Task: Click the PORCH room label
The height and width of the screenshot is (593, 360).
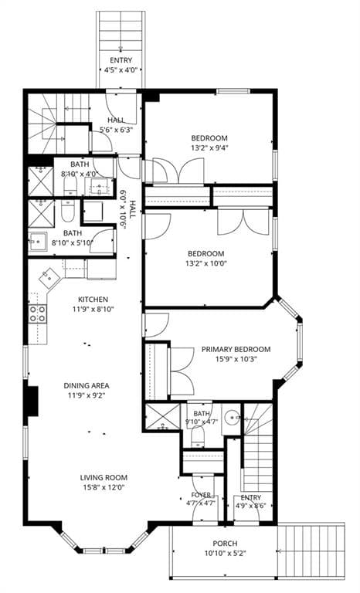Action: coord(225,544)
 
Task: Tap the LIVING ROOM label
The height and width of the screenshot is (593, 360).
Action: coord(104,478)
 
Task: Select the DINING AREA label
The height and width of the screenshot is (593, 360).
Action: coord(87,386)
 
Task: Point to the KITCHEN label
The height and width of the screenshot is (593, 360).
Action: coord(93,299)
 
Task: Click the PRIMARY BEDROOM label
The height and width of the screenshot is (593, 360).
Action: coord(236,350)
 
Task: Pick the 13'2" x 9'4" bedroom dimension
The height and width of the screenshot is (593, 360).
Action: coord(209,148)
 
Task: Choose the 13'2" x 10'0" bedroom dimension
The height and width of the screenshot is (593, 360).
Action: coord(207,263)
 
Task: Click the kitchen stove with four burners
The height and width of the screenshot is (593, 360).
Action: coord(38,314)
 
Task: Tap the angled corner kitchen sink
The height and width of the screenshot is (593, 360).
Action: coord(49,277)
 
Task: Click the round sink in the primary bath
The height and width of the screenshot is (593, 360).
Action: coord(232,418)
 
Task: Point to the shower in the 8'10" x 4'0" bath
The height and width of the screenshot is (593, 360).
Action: coord(40,181)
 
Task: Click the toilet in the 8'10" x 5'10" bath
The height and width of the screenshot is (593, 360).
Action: coord(69,211)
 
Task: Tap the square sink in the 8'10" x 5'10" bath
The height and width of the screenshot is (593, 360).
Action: coord(38,241)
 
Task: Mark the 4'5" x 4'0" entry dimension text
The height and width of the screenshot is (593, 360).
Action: coord(121,70)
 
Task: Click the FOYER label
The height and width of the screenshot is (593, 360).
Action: coord(201,495)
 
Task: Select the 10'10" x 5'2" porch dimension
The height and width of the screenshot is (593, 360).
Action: coord(226,554)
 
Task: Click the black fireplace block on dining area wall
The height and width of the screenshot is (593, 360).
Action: coord(32,401)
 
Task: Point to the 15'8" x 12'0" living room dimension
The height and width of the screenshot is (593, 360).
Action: coord(104,487)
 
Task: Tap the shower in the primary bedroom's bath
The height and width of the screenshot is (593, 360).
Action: coord(162,418)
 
